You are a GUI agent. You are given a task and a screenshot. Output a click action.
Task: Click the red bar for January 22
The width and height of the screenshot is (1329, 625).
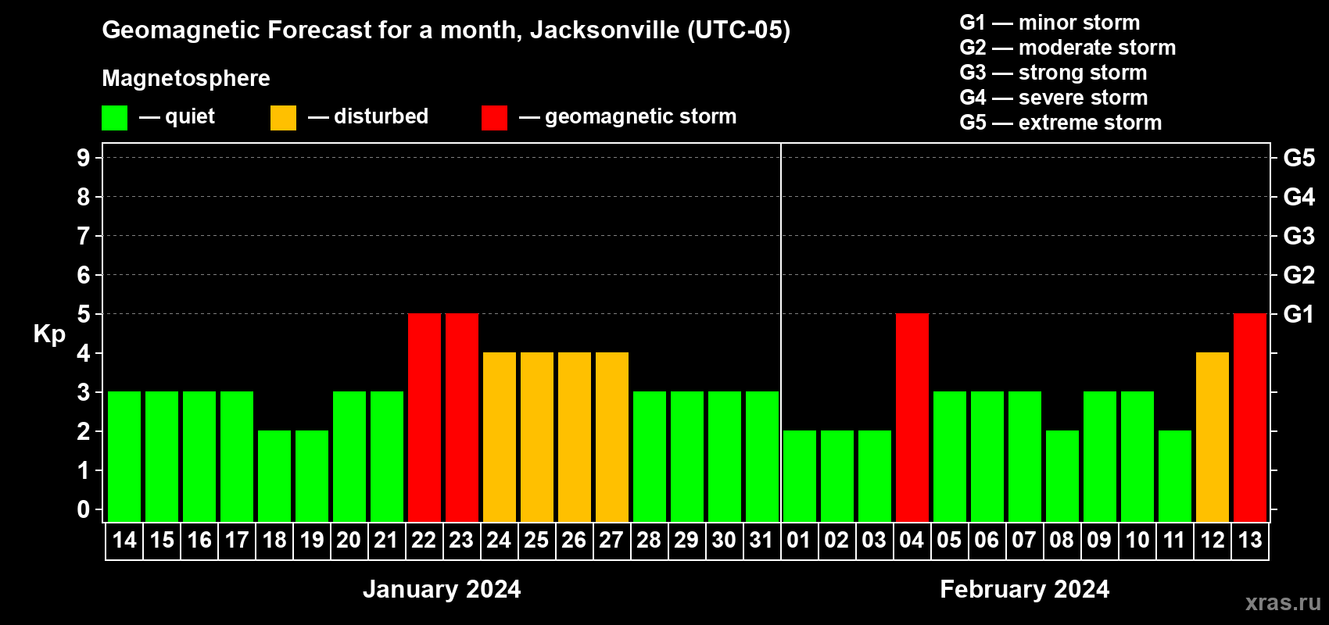[424, 417]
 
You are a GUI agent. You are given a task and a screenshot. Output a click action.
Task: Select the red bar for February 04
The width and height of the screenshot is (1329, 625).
[912, 417]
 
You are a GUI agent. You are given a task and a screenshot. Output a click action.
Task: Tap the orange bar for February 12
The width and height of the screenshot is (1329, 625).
[1213, 437]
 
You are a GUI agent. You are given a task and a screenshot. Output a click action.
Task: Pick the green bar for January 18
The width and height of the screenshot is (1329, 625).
[274, 476]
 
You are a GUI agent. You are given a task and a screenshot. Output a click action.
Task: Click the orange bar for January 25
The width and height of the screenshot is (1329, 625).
[537, 437]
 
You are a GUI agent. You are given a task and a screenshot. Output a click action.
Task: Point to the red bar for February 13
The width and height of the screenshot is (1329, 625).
[1250, 417]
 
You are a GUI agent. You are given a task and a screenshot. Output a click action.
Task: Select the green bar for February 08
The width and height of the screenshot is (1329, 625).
[1062, 476]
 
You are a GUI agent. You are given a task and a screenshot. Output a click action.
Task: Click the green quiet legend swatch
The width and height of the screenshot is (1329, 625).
[114, 118]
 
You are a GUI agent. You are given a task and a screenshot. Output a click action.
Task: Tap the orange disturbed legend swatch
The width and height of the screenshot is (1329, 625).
[283, 118]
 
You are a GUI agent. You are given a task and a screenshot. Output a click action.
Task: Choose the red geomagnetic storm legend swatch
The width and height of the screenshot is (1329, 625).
[494, 118]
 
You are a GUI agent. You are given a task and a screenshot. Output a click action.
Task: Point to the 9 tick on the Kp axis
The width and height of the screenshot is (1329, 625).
[84, 158]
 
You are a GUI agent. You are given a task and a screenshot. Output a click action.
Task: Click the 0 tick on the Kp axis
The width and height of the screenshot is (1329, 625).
[84, 509]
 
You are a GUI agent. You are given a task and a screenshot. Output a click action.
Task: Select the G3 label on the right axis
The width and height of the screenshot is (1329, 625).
[1299, 236]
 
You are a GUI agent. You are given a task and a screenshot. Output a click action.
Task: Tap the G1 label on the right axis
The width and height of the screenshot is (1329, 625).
[1299, 314]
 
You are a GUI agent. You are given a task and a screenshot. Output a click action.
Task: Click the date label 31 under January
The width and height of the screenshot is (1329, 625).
[761, 541]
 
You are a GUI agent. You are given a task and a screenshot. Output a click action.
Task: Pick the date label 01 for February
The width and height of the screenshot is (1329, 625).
[799, 541]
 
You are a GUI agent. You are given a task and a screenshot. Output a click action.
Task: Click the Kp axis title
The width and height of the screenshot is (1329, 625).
[49, 334]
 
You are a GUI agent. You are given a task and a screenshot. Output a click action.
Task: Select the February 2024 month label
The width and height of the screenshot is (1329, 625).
[1024, 589]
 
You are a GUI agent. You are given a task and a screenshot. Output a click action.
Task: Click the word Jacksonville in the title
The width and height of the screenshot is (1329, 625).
[604, 30]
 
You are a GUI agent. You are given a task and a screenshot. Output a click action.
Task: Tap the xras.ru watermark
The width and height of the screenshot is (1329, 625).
[1282, 602]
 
